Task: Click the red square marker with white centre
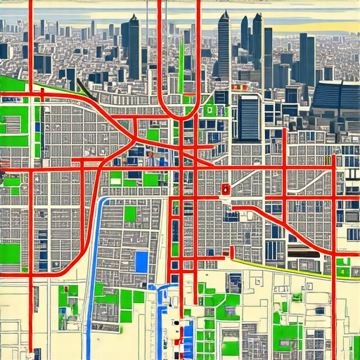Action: (225, 188)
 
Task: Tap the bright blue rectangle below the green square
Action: (141, 262)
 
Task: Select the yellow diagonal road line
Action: (281, 267)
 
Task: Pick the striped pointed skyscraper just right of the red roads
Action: (224, 46)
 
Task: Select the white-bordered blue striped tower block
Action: (247, 117)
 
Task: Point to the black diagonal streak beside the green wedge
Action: (83, 89)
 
